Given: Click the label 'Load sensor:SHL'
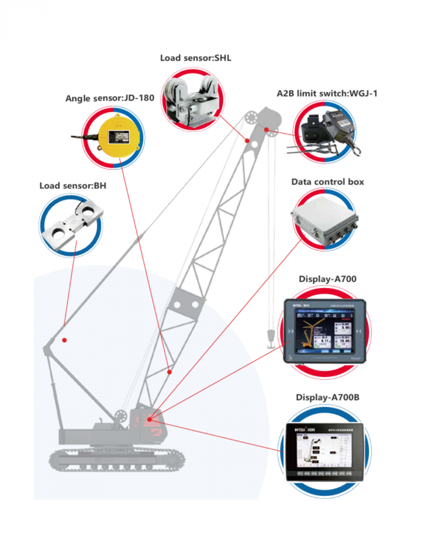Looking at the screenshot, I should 195,58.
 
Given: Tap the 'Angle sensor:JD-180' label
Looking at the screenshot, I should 110,98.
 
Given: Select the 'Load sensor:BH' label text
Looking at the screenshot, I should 73,186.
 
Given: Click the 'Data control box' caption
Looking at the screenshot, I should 327,182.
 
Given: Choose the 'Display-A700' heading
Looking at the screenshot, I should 327,279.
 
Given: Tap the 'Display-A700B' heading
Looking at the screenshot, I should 327,398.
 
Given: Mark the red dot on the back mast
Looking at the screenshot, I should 65,340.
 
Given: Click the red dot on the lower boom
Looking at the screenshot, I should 169,371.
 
